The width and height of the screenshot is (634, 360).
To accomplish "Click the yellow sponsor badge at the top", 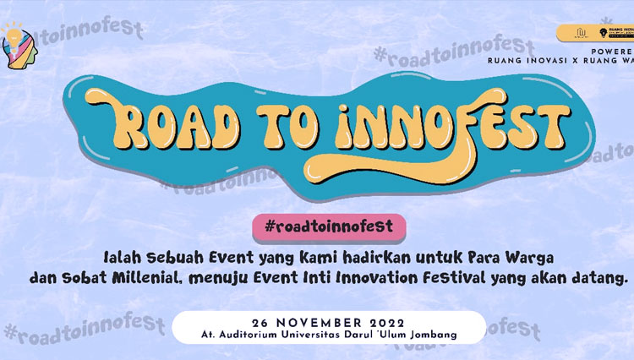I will pos(595,33).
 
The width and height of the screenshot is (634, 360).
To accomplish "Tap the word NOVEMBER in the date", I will pos(314,322).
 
